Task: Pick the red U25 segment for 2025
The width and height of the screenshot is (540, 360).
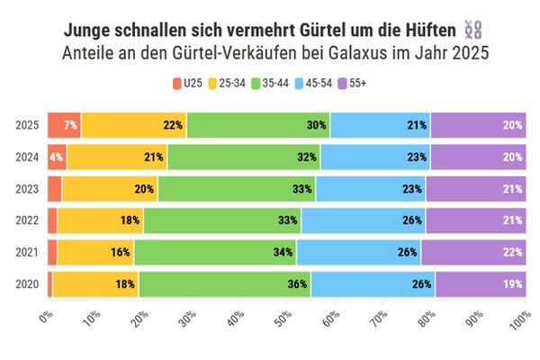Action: click(64, 125)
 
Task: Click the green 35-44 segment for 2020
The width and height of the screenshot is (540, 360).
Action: click(224, 284)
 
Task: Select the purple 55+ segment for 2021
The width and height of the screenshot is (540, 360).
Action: click(472, 253)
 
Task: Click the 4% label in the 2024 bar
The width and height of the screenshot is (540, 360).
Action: click(57, 157)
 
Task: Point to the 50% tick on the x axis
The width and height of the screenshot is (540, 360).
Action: click(283, 319)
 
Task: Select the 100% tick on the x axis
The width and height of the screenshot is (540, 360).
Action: click(519, 320)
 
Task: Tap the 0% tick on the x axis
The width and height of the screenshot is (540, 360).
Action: click(48, 317)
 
